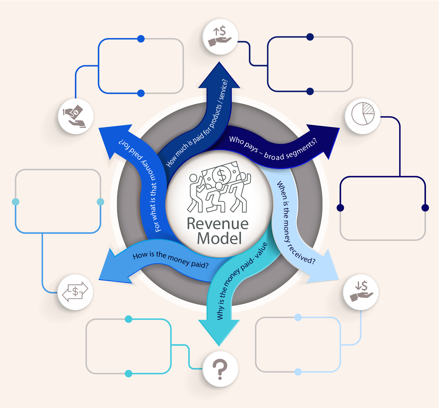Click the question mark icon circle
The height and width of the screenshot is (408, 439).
pyautogui.click(x=220, y=369)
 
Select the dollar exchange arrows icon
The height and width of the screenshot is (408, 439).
pyautogui.click(x=75, y=292)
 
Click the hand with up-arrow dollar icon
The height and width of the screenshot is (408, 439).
pyautogui.click(x=220, y=37)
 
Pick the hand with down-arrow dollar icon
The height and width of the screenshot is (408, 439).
pyautogui.click(x=361, y=292)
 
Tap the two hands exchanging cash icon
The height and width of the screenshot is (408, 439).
pyautogui.click(x=75, y=116)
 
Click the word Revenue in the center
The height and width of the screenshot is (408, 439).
pyautogui.click(x=218, y=224)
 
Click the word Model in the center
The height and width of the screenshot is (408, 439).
pyautogui.click(x=219, y=238)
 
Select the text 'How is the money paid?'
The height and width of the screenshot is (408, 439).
pyautogui.click(x=170, y=259)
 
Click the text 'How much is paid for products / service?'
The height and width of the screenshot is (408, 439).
pyautogui.click(x=197, y=124)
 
